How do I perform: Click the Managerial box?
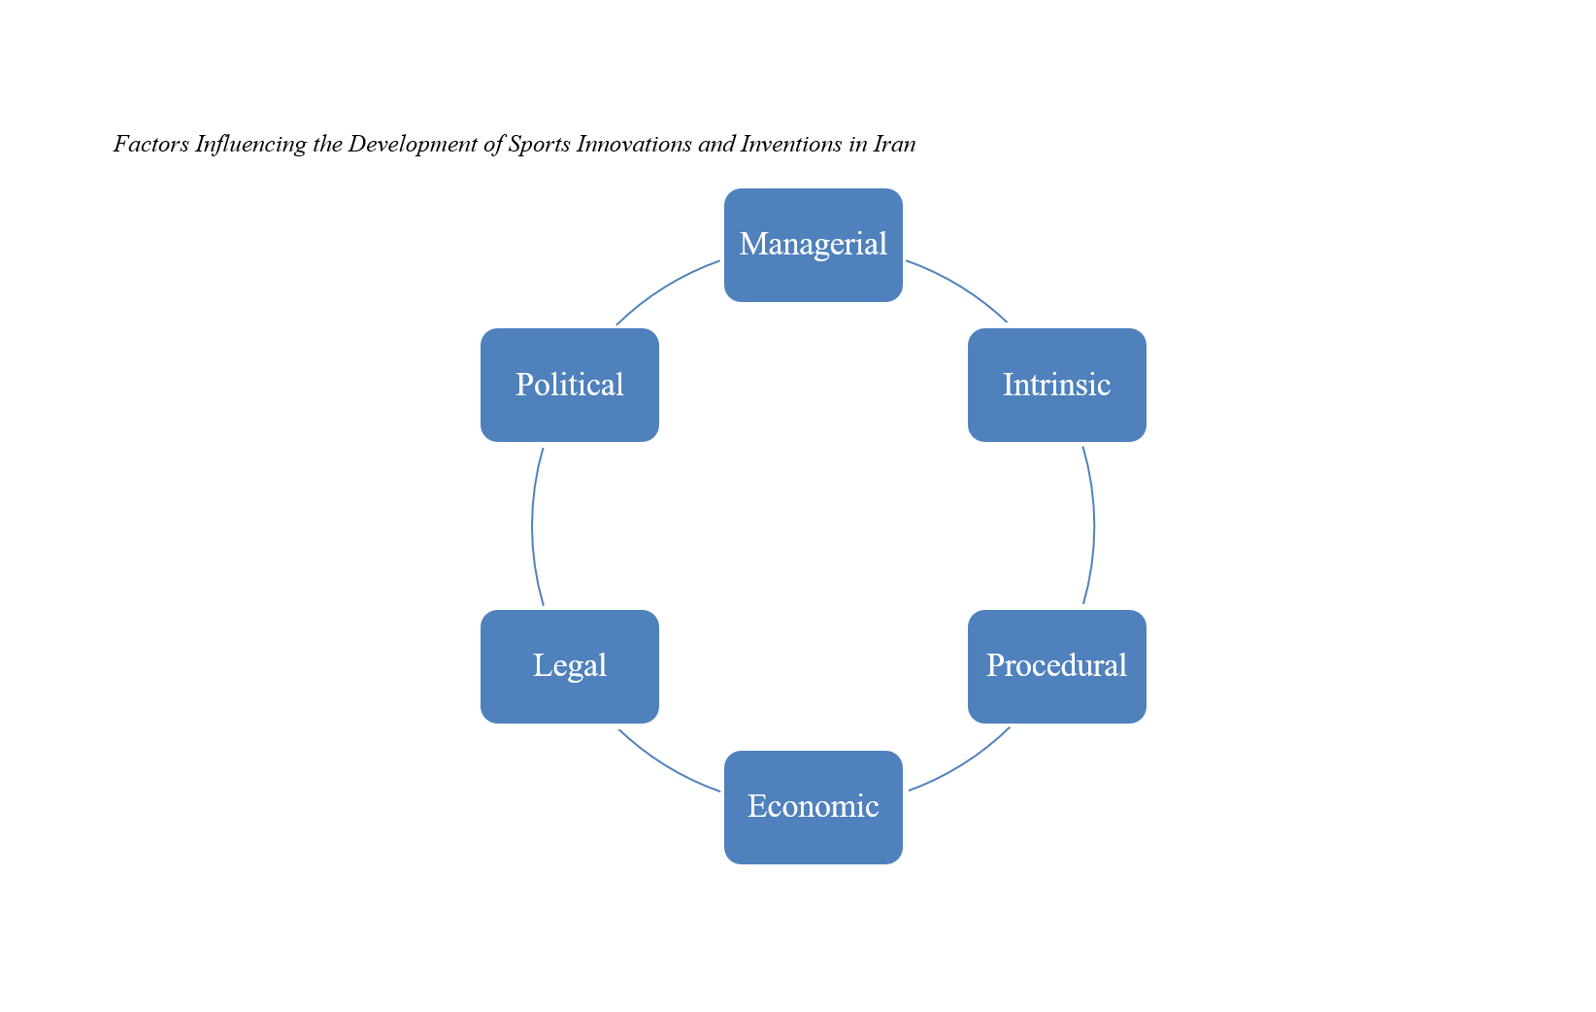814,245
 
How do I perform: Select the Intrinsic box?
1056,385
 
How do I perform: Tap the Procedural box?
1056,666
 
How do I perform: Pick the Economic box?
814,807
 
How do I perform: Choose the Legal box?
570,666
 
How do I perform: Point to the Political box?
570,385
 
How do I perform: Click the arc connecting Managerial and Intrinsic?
961,287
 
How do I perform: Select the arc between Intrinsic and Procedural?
1094,525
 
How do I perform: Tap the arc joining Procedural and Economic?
963,763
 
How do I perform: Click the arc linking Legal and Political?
533,525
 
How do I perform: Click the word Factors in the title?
150,145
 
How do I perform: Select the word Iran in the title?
894,145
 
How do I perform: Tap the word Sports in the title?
539,145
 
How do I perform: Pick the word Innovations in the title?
634,145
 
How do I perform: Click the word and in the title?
716,145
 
